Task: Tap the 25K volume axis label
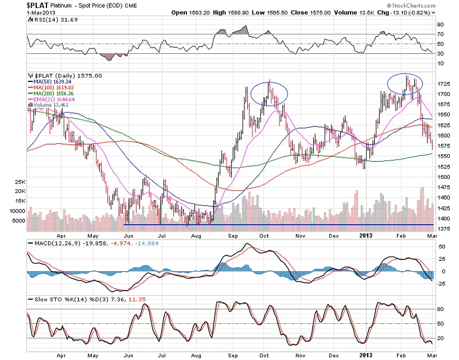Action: [x=20, y=181]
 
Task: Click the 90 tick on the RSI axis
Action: [x=440, y=25]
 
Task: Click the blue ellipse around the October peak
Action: [x=268, y=93]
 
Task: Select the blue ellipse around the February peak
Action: [x=406, y=84]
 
